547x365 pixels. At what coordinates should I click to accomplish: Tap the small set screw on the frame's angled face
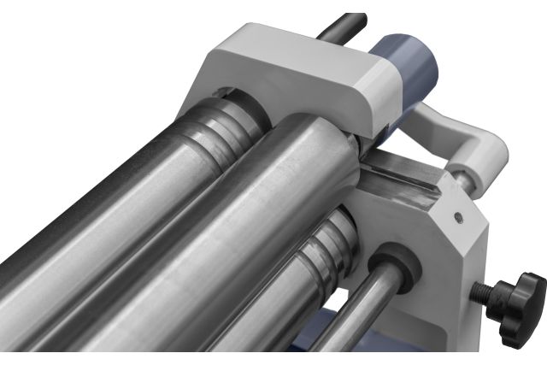460,217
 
